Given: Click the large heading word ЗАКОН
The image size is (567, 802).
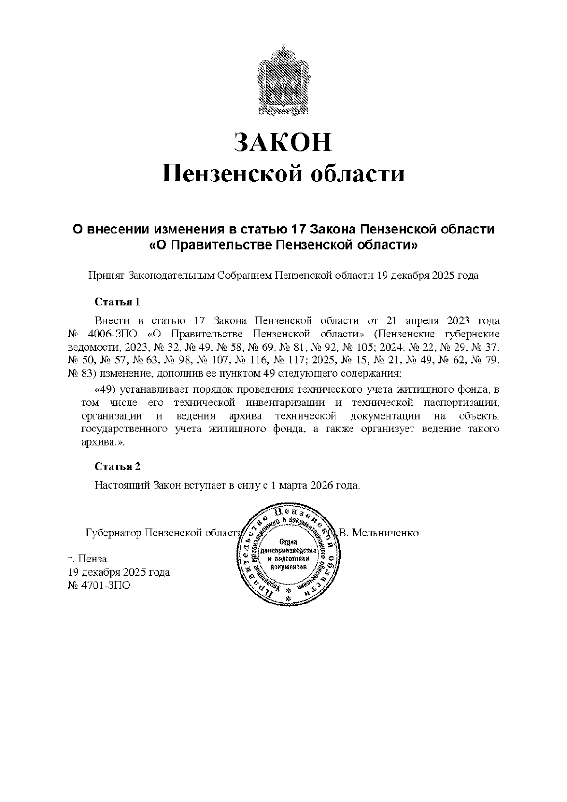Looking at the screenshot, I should [283, 142].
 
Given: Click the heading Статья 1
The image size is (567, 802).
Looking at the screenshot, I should [118, 302].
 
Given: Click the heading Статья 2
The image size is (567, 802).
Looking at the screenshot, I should [118, 466].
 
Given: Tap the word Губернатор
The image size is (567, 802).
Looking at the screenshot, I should [113, 533].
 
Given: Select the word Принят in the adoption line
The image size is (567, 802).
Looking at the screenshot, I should [106, 276].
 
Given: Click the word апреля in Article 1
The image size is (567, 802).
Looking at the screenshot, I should [425, 321].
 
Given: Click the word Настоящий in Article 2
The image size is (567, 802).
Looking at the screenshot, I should [122, 485].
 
